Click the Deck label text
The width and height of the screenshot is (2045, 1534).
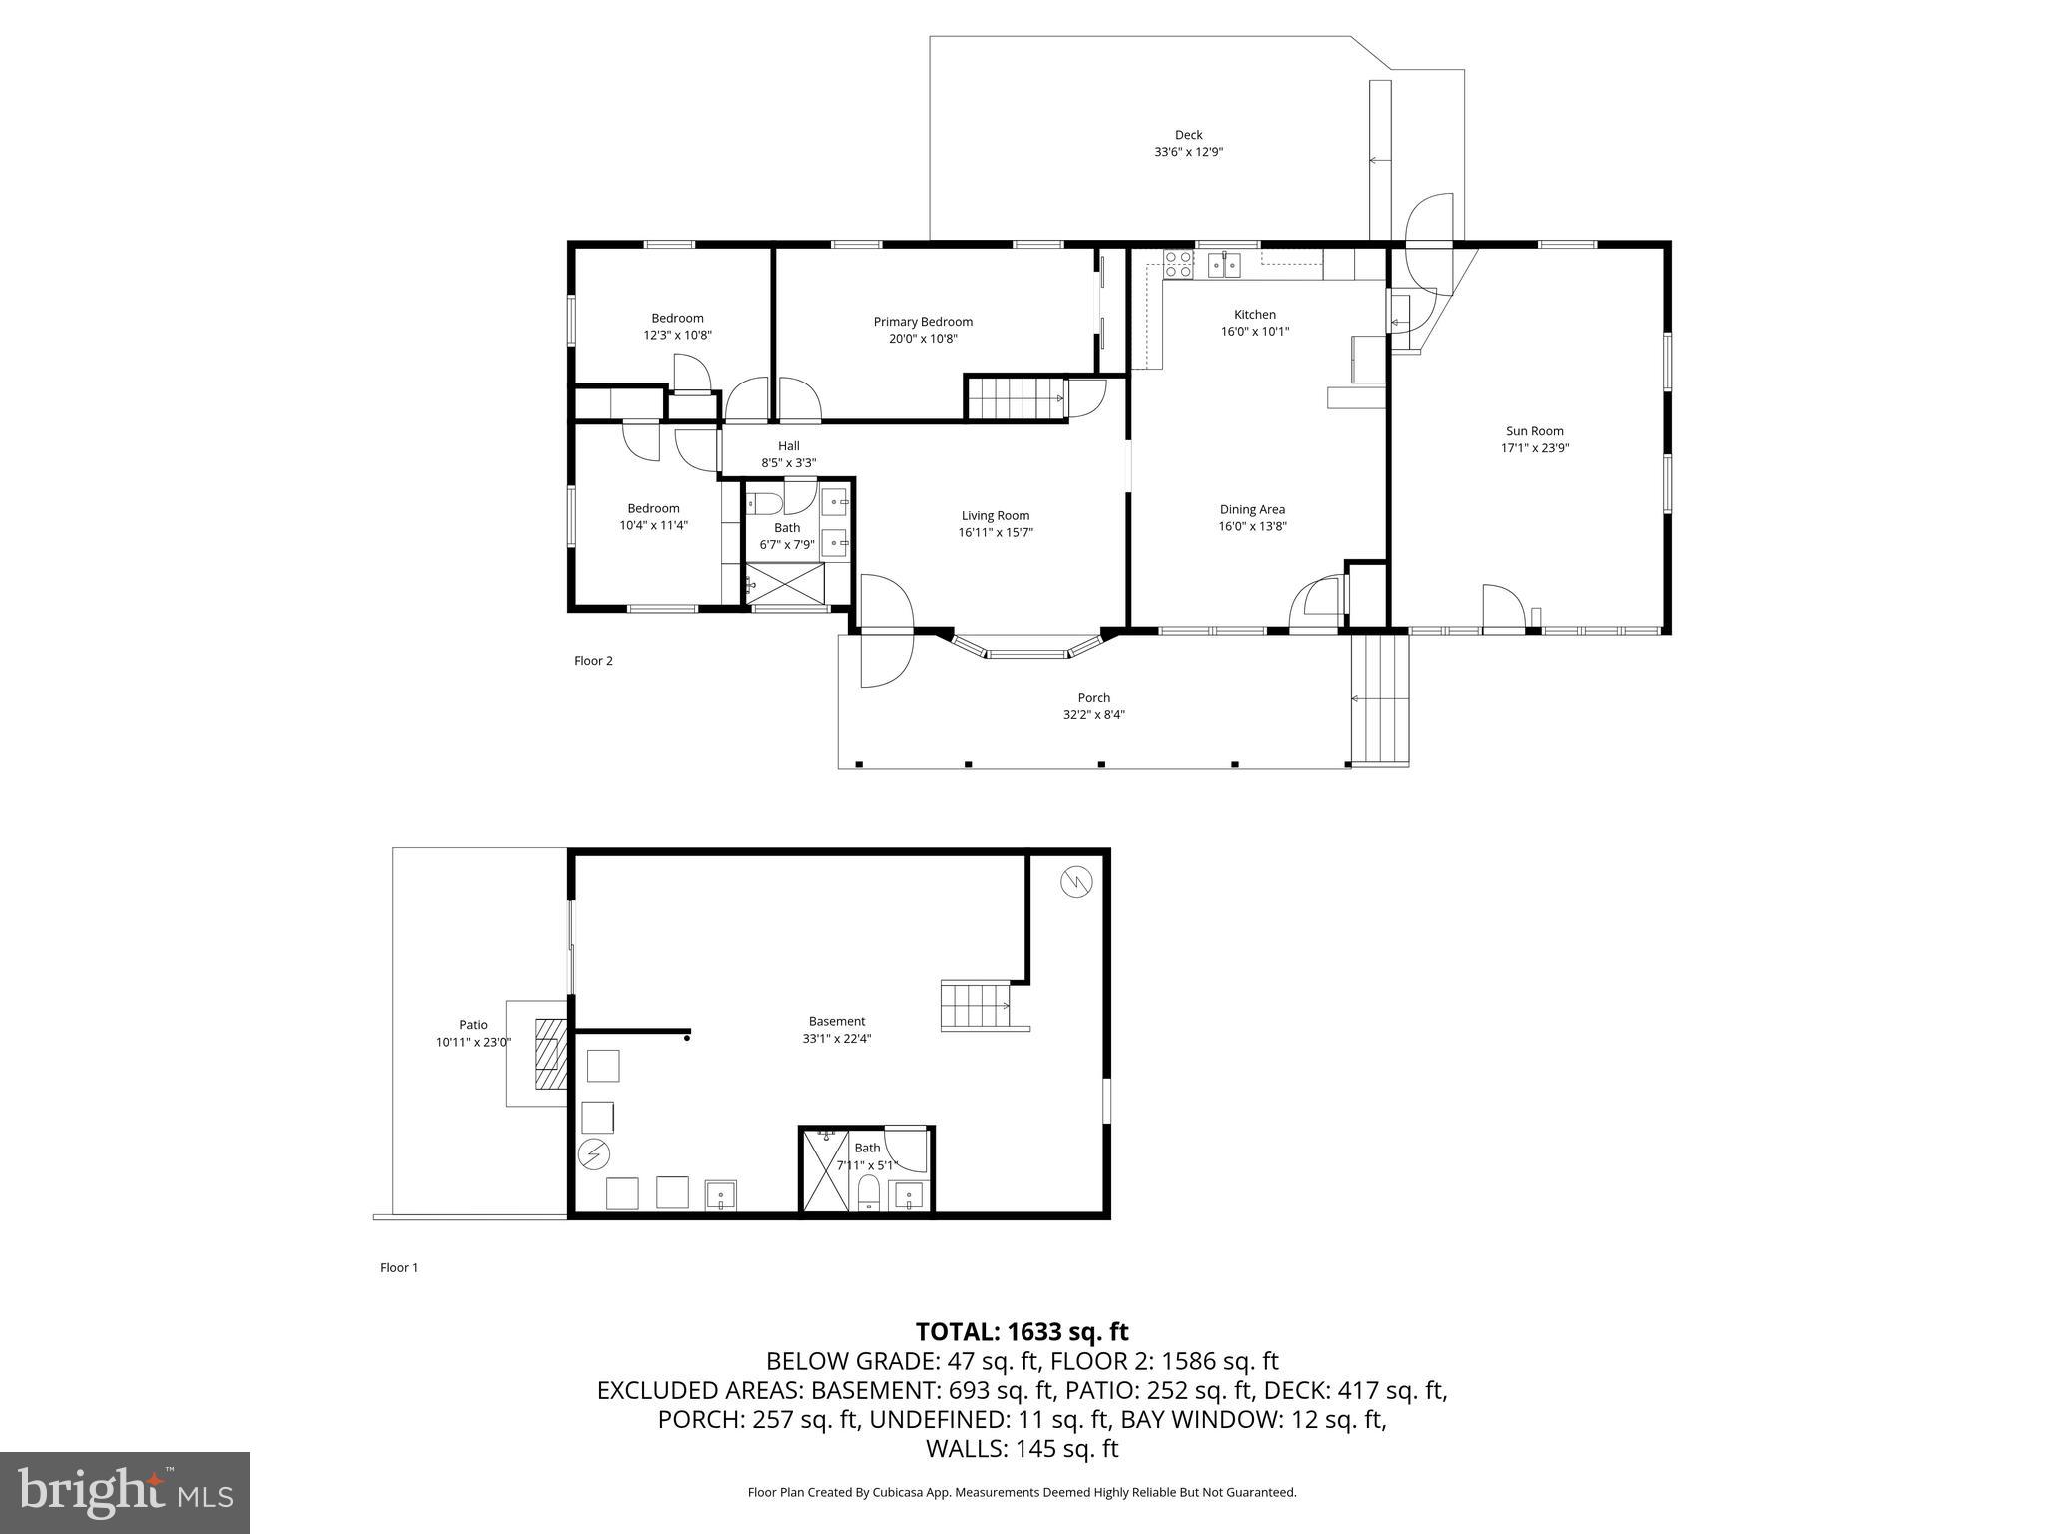pyautogui.click(x=1188, y=135)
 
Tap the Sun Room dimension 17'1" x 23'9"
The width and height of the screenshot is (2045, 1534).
pyautogui.click(x=1535, y=448)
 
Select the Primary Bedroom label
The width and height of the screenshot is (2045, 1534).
pyautogui.click(x=923, y=322)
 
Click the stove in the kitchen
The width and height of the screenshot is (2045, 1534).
pyautogui.click(x=1178, y=264)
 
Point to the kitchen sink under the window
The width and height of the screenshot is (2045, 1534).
pyautogui.click(x=1224, y=264)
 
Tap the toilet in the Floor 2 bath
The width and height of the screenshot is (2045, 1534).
pyautogui.click(x=765, y=502)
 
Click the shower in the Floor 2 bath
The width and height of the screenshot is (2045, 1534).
pyautogui.click(x=787, y=583)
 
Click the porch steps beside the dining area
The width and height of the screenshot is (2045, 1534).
pyautogui.click(x=1380, y=698)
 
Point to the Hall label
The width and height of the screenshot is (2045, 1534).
pyautogui.click(x=789, y=446)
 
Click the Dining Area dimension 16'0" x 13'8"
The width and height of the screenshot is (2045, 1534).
pyautogui.click(x=1252, y=526)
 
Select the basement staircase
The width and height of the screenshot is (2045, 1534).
pyautogui.click(x=977, y=1006)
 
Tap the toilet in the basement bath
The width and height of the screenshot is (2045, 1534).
pyautogui.click(x=869, y=1193)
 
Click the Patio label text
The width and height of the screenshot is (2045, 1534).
pyautogui.click(x=473, y=1025)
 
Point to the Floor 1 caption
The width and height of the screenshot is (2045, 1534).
pyautogui.click(x=399, y=1268)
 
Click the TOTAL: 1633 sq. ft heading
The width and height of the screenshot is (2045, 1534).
pyautogui.click(x=1022, y=1331)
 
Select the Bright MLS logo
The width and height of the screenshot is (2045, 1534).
pyautogui.click(x=125, y=1492)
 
